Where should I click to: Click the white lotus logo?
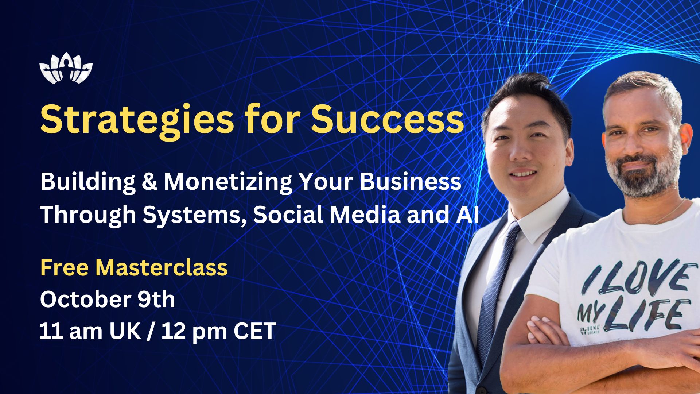(x=66, y=68)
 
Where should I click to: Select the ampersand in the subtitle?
(x=149, y=181)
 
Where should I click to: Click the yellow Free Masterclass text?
(x=134, y=267)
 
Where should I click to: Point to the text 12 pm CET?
(x=219, y=331)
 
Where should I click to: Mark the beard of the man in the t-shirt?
(x=643, y=179)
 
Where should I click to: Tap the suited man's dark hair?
(x=525, y=95)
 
